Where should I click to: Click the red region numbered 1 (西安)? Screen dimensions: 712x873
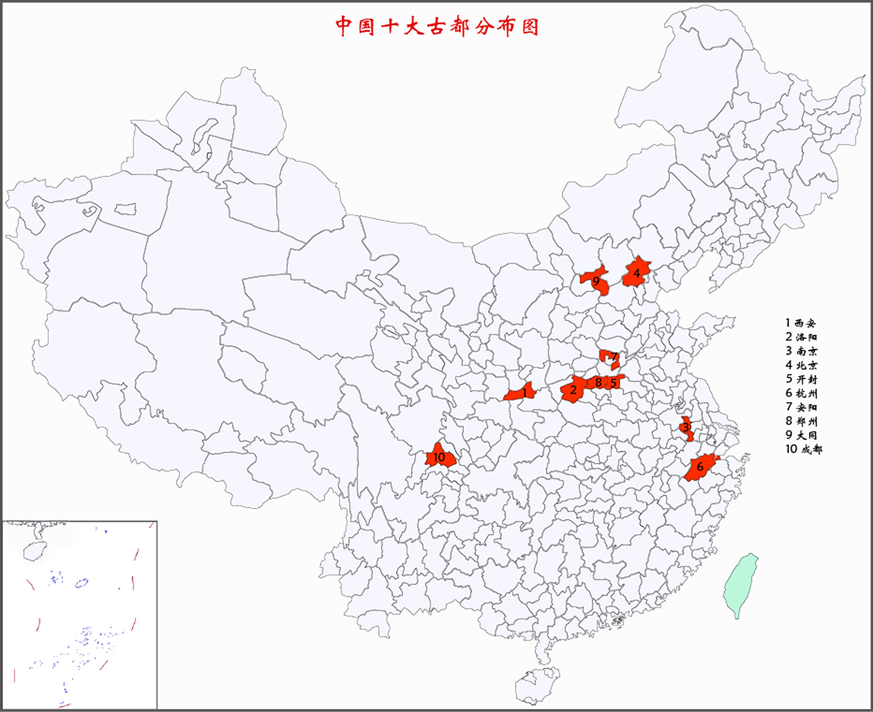521,393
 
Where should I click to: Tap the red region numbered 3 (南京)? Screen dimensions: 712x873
687,427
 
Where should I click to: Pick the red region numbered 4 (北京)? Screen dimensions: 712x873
636,273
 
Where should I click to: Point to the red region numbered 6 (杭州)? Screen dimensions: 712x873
700,467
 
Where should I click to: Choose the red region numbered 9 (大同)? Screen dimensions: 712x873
595,280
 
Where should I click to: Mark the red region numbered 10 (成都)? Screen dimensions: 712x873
440,457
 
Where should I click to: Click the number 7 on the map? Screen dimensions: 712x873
614,357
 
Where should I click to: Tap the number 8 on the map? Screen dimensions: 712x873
599,382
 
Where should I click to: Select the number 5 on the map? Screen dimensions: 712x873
613,383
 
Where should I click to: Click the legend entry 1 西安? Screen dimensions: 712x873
801,323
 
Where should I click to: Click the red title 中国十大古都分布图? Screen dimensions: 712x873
437,26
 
